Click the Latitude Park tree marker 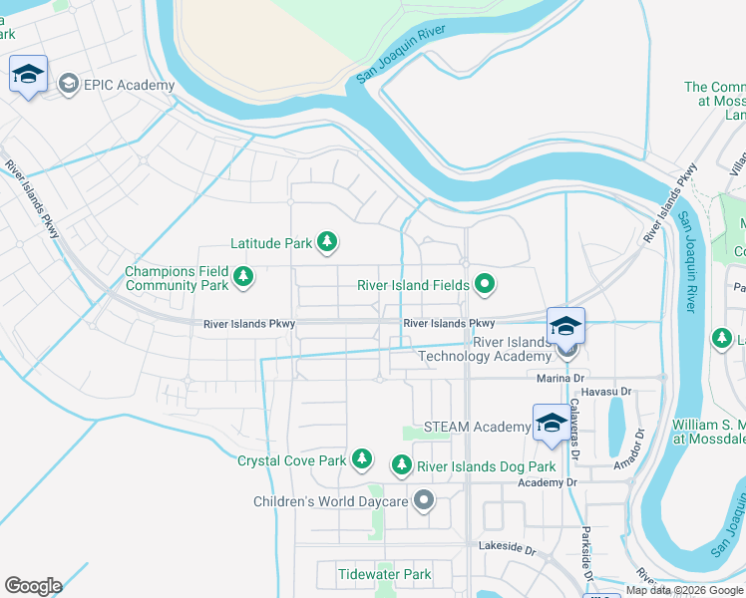point(326,241)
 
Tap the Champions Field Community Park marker point(243,275)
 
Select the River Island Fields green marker point(485,285)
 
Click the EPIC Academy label point(131,84)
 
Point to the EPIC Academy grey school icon point(69,84)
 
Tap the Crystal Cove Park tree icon point(363,459)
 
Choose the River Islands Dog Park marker point(401,465)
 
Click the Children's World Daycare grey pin point(424,500)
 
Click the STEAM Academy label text point(477,428)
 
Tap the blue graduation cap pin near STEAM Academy point(552,424)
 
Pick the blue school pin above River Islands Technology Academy point(565,326)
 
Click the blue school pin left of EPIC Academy point(28,75)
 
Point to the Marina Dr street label point(559,379)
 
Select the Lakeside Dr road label point(508,548)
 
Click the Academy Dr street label point(547,482)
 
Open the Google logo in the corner point(33,586)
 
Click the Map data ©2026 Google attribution point(684,590)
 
